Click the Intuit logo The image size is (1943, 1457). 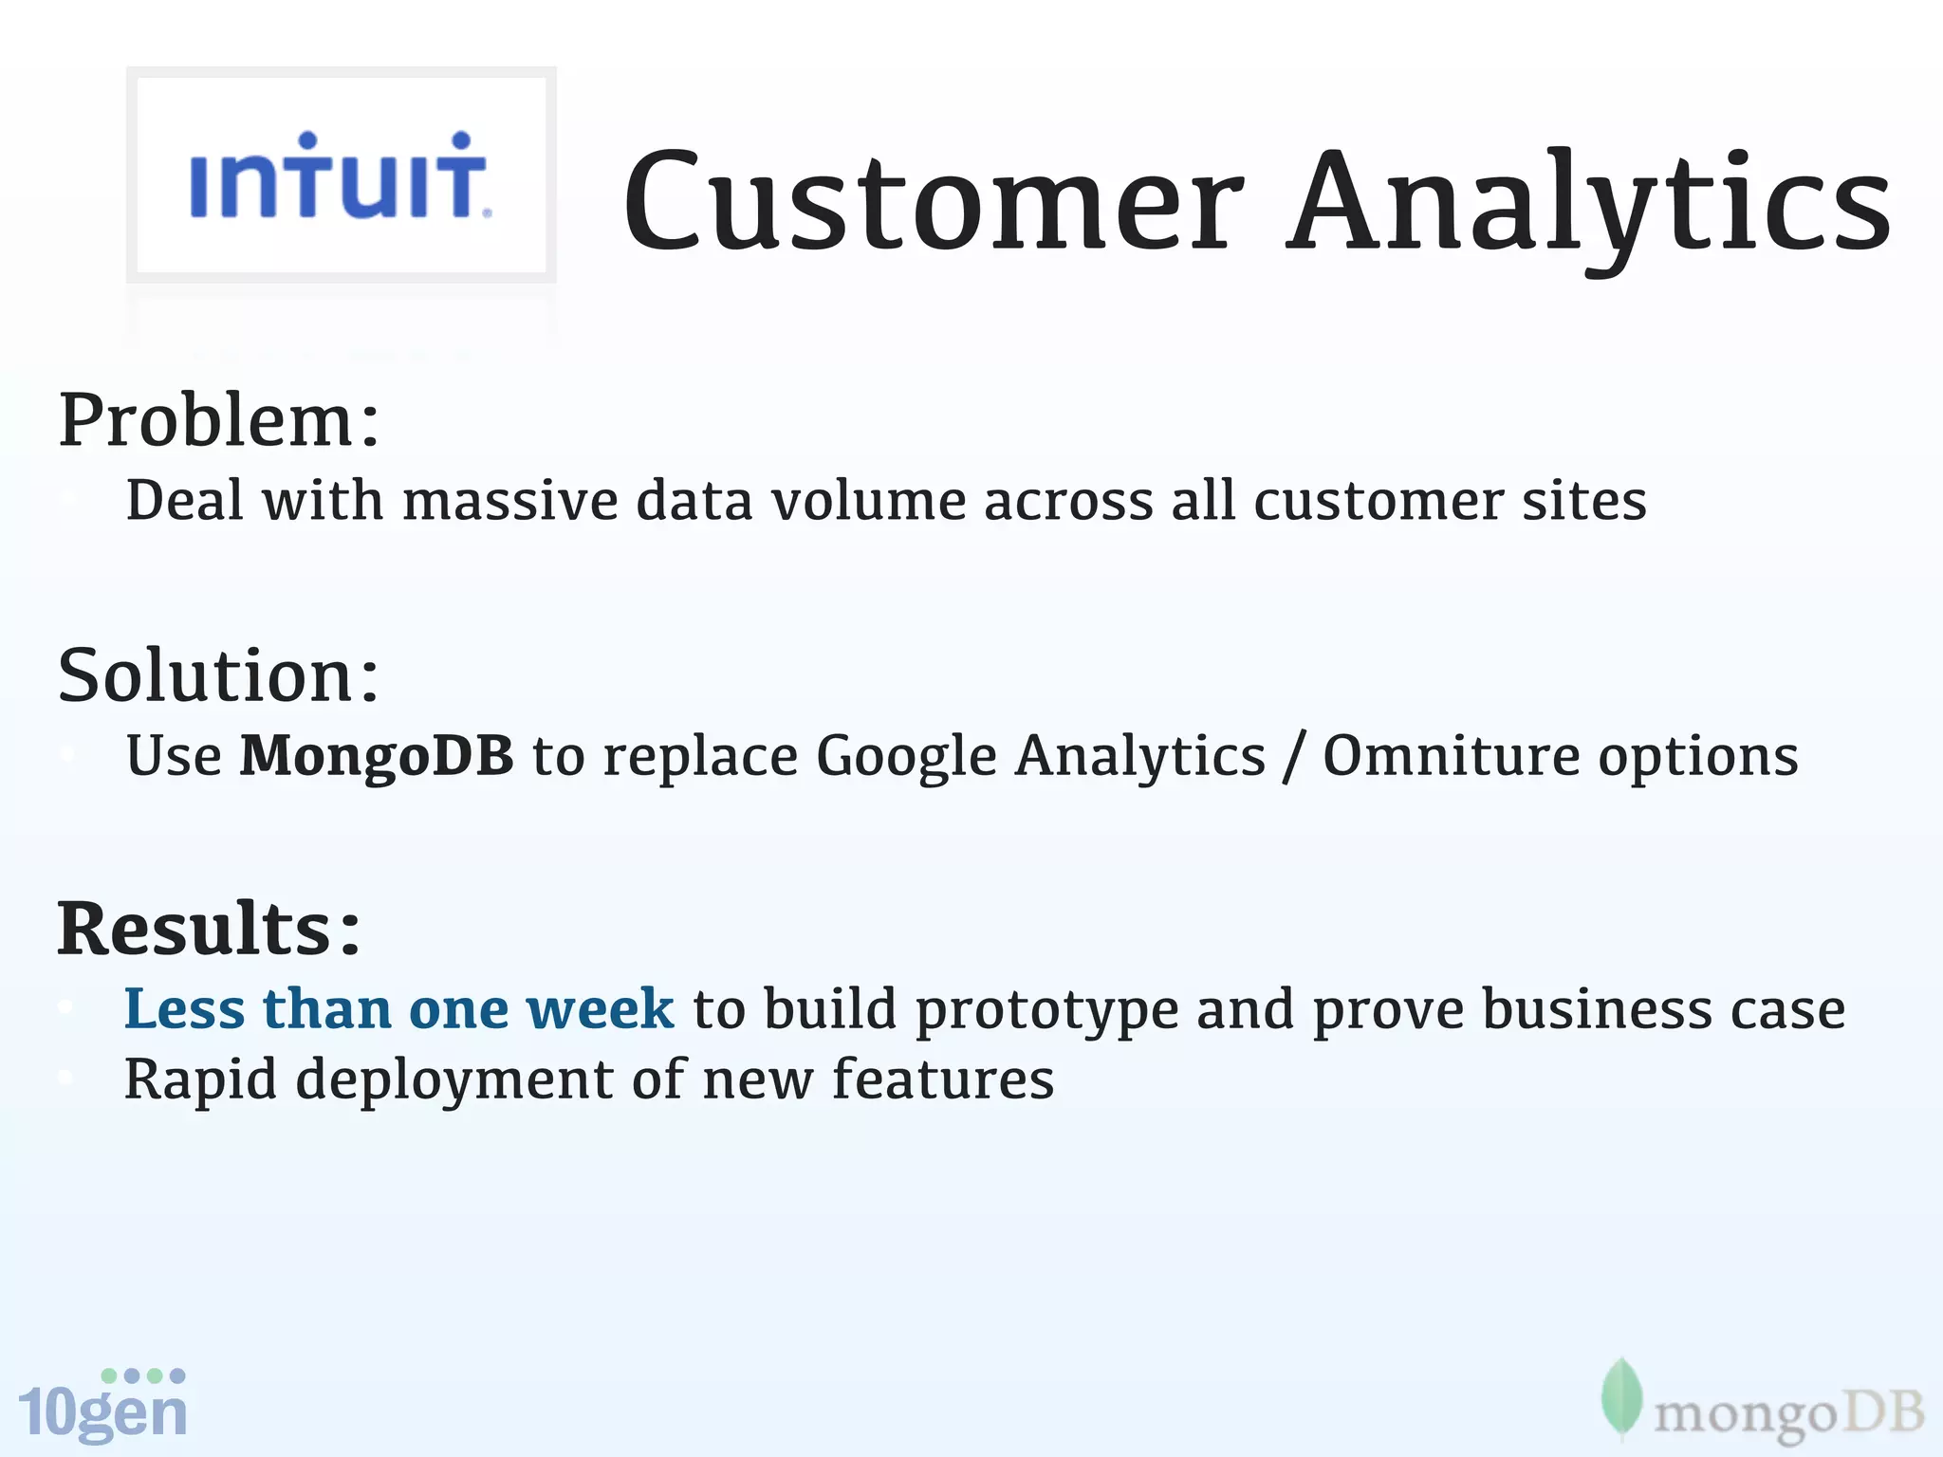[x=340, y=176]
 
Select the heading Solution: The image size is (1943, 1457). [x=219, y=675]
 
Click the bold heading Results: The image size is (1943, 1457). [x=210, y=929]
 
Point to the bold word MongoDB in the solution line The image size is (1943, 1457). [x=377, y=756]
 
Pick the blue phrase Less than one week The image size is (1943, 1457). [x=399, y=1008]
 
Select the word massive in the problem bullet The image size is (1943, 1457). [x=510, y=501]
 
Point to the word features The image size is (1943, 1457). [x=942, y=1079]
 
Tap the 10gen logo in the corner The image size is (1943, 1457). [x=102, y=1406]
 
